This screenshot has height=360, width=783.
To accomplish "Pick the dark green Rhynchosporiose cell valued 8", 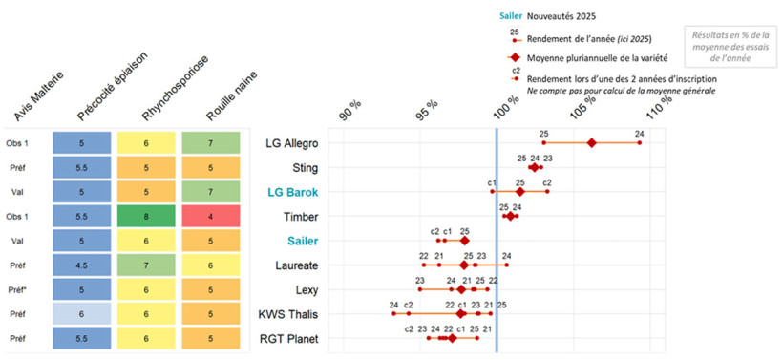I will [145, 217].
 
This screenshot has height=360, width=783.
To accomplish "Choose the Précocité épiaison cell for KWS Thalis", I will [82, 313].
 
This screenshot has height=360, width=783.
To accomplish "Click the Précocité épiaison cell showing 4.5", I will [82, 265].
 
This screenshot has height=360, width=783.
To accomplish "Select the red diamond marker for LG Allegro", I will [591, 143].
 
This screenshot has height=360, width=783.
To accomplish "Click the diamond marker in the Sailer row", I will [464, 241].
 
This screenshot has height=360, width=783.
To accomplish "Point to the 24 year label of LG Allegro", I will [639, 133].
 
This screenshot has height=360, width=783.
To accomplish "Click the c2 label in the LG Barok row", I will [547, 181].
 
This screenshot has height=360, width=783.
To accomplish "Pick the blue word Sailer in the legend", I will [510, 16].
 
